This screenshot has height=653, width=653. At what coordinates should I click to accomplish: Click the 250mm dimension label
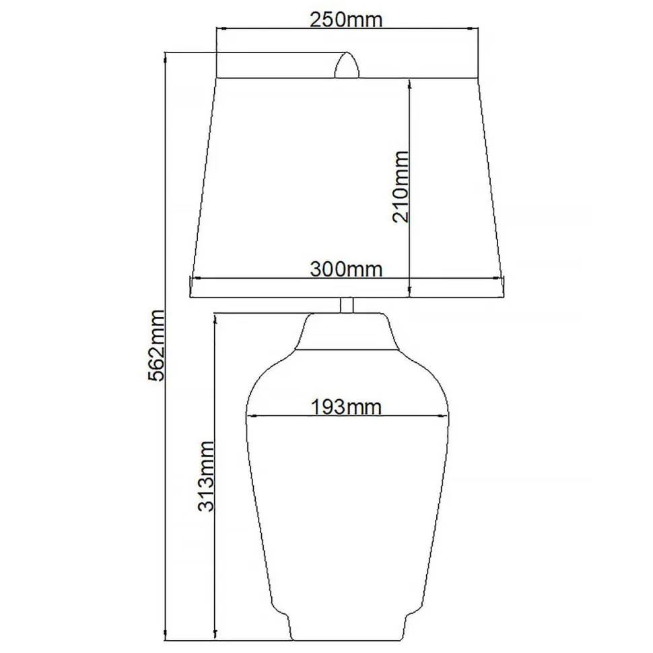tap(346, 20)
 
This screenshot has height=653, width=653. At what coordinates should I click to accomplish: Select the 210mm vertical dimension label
tap(400, 186)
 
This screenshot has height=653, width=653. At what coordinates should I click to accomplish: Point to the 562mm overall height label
tap(156, 345)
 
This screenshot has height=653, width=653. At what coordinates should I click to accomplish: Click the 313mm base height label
tap(206, 476)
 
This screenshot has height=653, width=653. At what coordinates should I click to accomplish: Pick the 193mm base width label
tap(346, 407)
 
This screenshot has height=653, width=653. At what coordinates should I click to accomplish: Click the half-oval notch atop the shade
tap(347, 66)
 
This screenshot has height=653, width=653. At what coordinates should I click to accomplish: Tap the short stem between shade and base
tap(347, 305)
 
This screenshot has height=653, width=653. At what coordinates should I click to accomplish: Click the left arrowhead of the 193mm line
tap(251, 415)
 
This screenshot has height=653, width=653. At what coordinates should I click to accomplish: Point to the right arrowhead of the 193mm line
tap(444, 415)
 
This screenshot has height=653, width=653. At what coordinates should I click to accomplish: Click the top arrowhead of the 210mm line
tap(409, 81)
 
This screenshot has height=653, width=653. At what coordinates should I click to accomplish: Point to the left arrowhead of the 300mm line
tap(195, 278)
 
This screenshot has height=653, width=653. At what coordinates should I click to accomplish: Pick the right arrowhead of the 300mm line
tap(500, 278)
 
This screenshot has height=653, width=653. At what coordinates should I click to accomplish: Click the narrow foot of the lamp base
tap(347, 626)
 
